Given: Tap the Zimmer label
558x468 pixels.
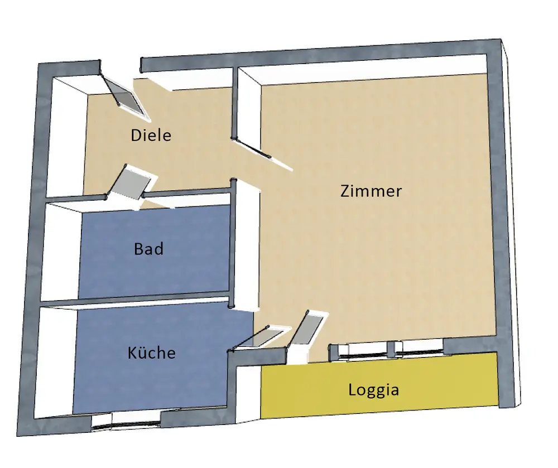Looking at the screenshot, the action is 371,191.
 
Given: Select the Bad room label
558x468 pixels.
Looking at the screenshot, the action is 149,248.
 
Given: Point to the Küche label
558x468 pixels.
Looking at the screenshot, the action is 151,353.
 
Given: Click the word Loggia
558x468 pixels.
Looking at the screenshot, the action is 373,389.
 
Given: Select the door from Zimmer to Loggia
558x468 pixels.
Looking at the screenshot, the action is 306,332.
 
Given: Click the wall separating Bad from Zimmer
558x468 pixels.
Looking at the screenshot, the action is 234,245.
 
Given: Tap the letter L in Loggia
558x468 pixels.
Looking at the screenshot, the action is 352,389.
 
